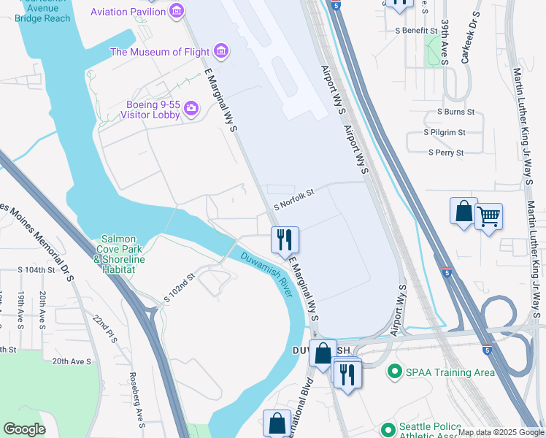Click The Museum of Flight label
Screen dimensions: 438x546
pyautogui.click(x=159, y=52)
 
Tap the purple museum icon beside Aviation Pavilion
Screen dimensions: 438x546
pyautogui.click(x=175, y=11)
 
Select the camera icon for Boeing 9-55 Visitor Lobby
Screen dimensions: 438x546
pyautogui.click(x=191, y=109)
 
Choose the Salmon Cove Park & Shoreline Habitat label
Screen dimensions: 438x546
pyautogui.click(x=118, y=254)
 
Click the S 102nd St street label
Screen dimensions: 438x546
pyautogui.click(x=180, y=288)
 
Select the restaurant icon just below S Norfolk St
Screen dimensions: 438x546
pyautogui.click(x=284, y=239)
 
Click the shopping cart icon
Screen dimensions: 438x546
pyautogui.click(x=488, y=215)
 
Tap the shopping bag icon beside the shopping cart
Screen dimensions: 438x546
pyautogui.click(x=464, y=212)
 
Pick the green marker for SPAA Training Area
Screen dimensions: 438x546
pyautogui.click(x=395, y=372)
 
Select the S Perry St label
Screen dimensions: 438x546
pyautogui.click(x=445, y=153)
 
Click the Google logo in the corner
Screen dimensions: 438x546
pyautogui.click(x=24, y=429)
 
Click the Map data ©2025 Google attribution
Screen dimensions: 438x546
pyautogui.click(x=501, y=432)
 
